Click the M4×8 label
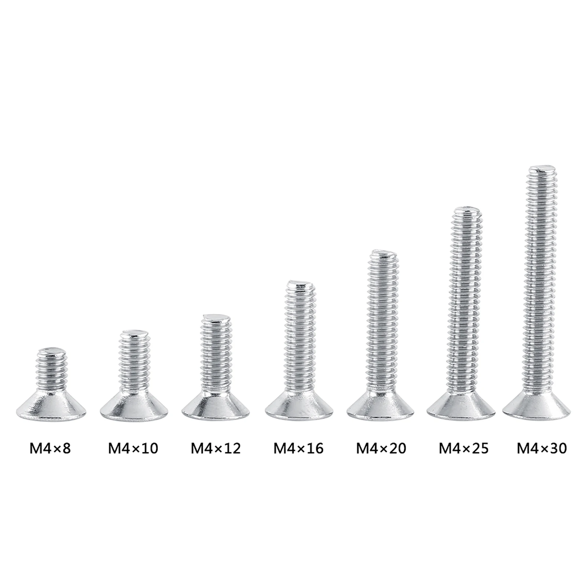[50, 448]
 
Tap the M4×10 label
[133, 448]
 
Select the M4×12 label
[216, 448]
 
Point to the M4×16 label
[298, 448]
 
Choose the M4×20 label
[381, 448]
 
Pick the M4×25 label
[463, 448]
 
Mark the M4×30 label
[542, 448]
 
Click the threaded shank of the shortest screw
[52, 370]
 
